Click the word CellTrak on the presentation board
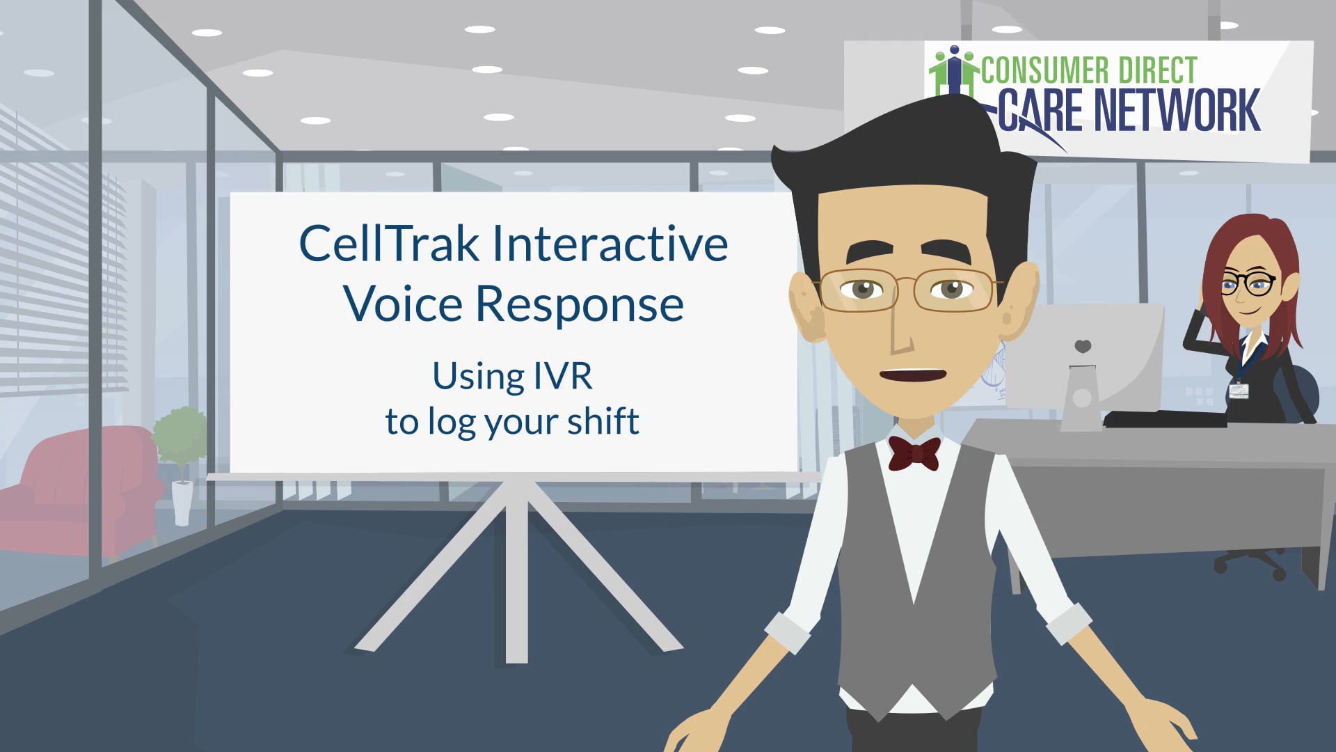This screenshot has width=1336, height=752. coord(389,244)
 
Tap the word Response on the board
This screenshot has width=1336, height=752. coord(580,304)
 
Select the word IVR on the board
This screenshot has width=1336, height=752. coord(562,376)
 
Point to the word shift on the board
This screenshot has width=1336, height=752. coord(603,421)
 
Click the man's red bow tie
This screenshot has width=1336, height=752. coord(914,453)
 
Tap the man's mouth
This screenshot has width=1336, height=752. coord(913,375)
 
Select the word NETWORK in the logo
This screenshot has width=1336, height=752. coord(1177,111)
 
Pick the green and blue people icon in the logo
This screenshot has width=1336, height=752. coord(954,70)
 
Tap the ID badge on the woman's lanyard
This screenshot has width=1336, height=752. coord(1239,390)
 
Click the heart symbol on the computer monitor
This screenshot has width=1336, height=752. coord(1083,346)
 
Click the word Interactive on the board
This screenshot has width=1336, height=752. coord(610,244)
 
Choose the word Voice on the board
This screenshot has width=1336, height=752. coord(403,304)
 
